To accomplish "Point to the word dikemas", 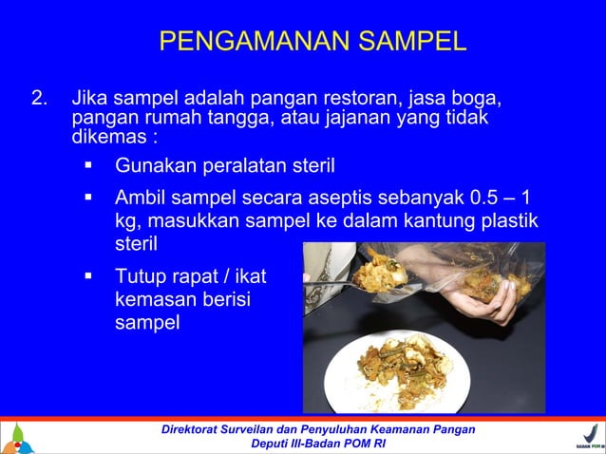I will (106, 134).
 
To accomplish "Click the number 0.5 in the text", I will (481, 199).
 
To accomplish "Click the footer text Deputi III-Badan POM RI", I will (326, 445).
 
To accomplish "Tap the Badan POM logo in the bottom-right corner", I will (589, 437).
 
